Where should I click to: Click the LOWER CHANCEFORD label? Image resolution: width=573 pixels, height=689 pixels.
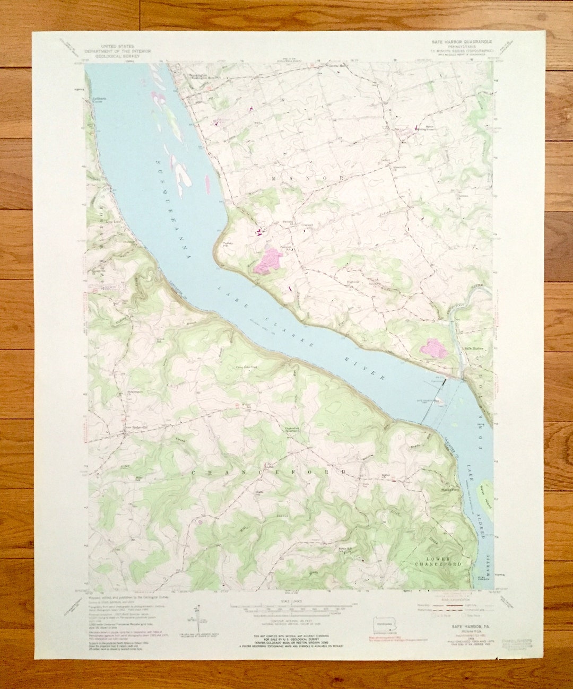438,562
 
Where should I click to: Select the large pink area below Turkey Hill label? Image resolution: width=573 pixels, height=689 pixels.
270,261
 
